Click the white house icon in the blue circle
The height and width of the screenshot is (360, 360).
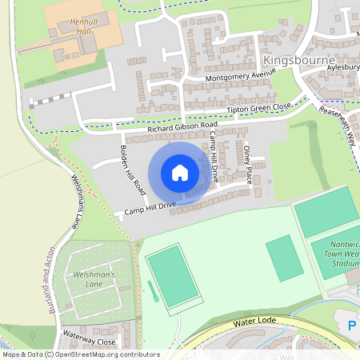(x=180, y=173)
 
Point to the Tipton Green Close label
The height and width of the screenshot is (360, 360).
(x=258, y=107)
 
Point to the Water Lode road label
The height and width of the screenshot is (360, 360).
(x=254, y=322)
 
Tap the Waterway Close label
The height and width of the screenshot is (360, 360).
(x=90, y=341)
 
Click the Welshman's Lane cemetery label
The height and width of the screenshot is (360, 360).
(x=95, y=280)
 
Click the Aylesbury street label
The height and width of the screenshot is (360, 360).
(x=343, y=68)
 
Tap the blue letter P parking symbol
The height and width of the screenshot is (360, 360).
(x=353, y=326)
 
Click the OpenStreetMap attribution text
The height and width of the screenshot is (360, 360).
(x=80, y=354)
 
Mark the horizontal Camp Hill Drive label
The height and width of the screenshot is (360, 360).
(x=146, y=209)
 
